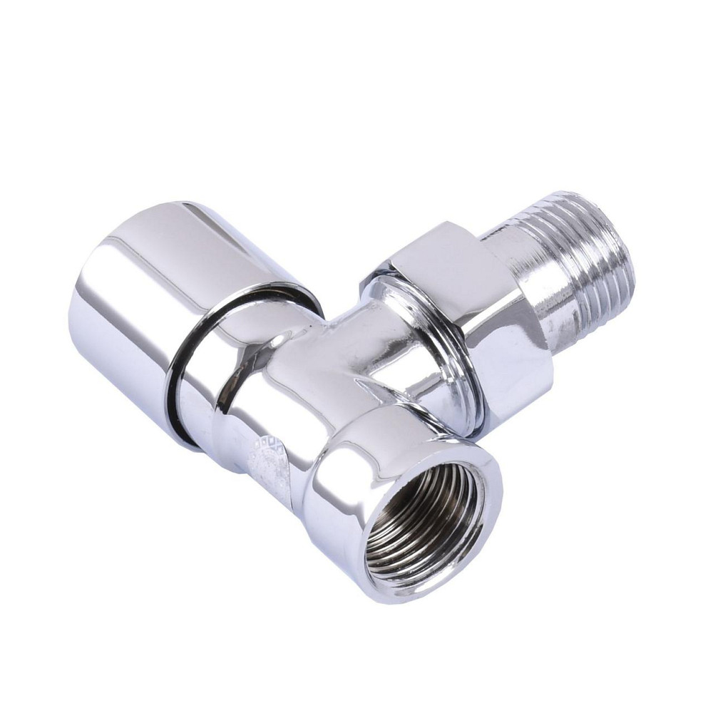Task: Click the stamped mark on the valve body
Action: point(271,463)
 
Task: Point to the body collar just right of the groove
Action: point(214,399)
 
